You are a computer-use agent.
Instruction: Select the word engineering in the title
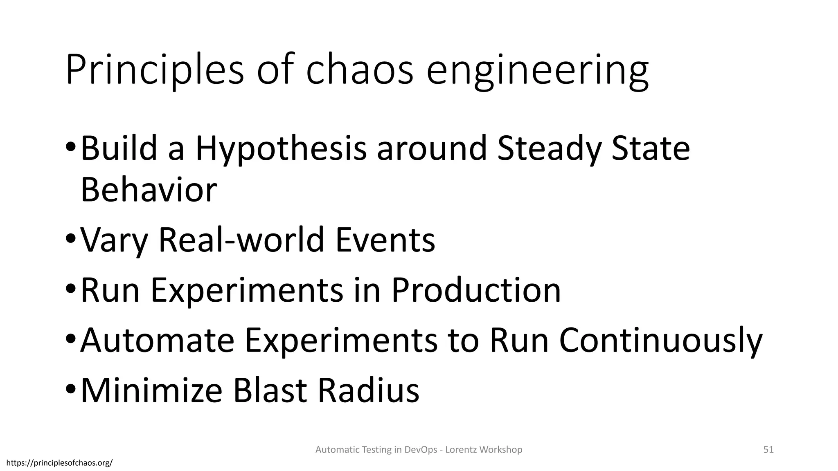point(537,70)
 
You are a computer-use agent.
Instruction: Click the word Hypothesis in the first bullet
point(281,149)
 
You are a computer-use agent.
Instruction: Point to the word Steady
point(548,149)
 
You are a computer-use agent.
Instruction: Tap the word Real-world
point(242,240)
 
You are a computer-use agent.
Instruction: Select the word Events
point(385,240)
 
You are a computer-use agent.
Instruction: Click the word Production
point(476,290)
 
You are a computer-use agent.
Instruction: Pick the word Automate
point(158,341)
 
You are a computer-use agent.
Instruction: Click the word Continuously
point(660,341)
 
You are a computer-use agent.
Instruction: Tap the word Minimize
point(152,391)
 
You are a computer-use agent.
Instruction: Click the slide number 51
point(768,450)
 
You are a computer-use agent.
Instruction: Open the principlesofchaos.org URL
point(60,463)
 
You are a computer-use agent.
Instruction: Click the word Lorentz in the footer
point(460,450)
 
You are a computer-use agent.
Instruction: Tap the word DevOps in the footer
point(421,450)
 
